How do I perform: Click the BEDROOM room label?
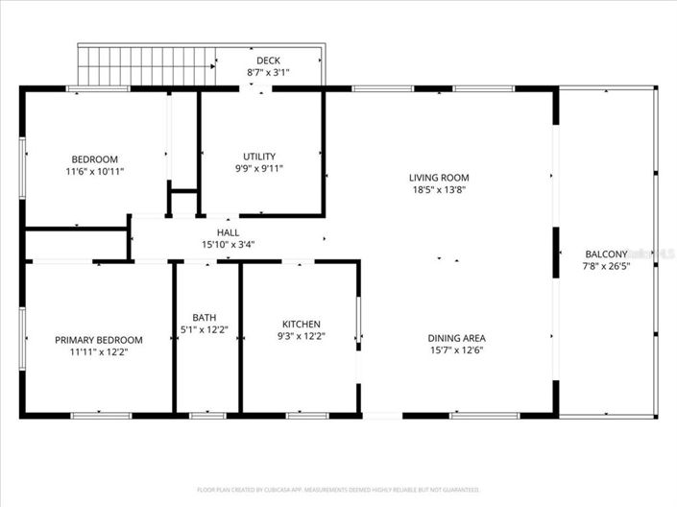pyautogui.click(x=95, y=159)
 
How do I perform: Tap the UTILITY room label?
pyautogui.click(x=259, y=157)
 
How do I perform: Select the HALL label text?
pyautogui.click(x=229, y=232)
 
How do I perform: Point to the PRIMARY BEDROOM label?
pyautogui.click(x=99, y=340)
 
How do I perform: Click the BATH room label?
pyautogui.click(x=205, y=318)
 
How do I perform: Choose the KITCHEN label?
pyautogui.click(x=301, y=325)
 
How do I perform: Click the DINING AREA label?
pyautogui.click(x=456, y=338)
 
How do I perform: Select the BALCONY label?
pyautogui.click(x=606, y=254)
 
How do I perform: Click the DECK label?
pyautogui.click(x=268, y=60)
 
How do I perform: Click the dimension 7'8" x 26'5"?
pyautogui.click(x=606, y=266)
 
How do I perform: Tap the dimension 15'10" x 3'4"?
pyautogui.click(x=229, y=244)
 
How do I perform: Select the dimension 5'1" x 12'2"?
pyautogui.click(x=205, y=329)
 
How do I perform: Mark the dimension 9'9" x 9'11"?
pyautogui.click(x=259, y=168)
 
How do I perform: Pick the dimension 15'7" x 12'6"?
pyautogui.click(x=456, y=350)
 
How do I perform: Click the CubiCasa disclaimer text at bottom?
pyautogui.click(x=338, y=490)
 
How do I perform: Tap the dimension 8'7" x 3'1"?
pyautogui.click(x=268, y=72)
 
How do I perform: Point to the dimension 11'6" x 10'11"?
pyautogui.click(x=95, y=171)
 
